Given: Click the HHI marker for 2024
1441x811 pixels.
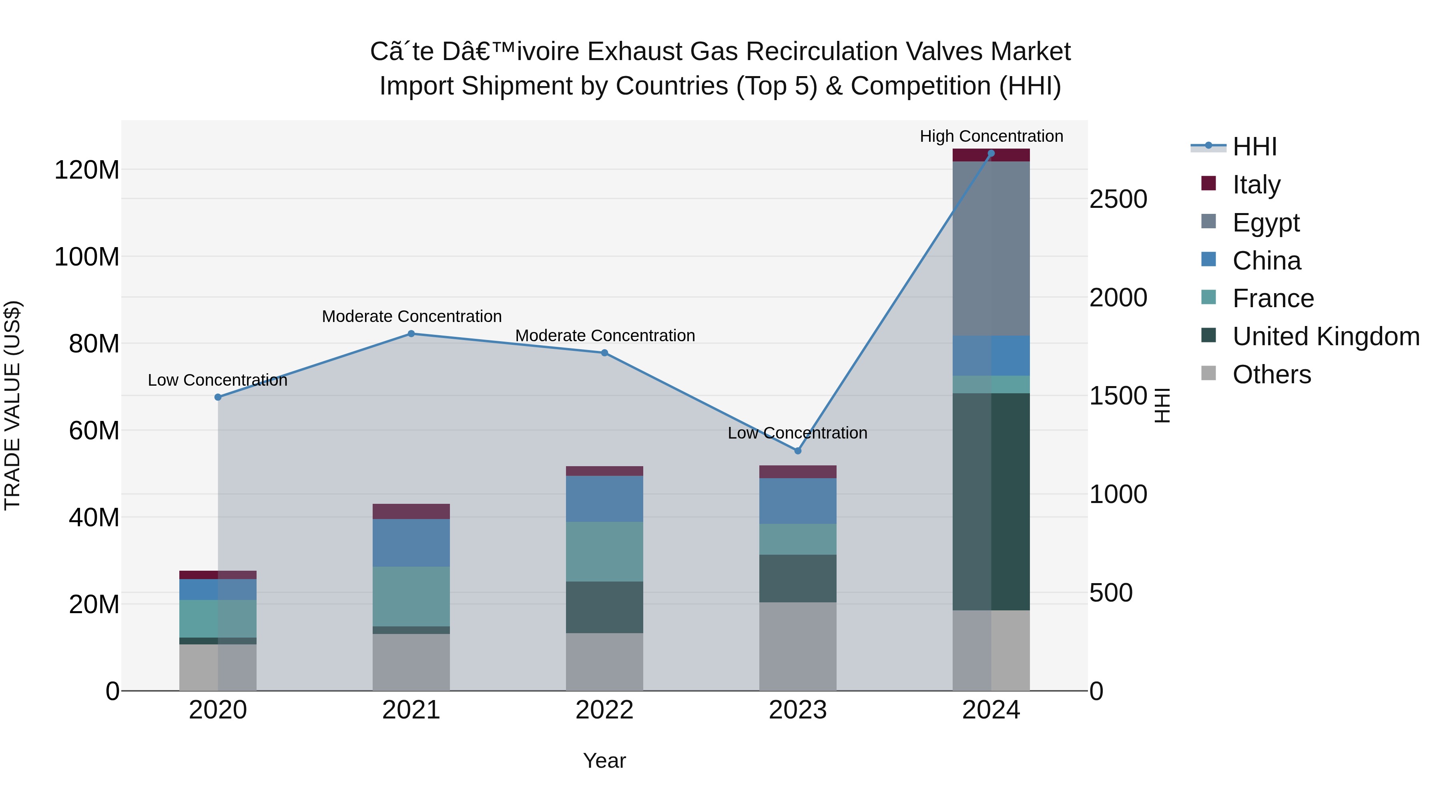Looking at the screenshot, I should point(991,153).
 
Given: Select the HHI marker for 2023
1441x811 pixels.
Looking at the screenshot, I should point(798,451).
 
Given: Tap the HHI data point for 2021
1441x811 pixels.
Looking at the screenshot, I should point(411,334).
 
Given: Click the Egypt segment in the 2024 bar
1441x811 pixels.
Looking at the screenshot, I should point(991,248).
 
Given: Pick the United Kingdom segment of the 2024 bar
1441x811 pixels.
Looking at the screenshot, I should point(991,501).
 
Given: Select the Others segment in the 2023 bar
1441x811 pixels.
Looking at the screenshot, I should point(798,646).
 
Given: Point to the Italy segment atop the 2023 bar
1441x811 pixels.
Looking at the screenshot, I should point(798,471).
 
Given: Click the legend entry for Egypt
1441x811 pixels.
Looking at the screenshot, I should point(1266,223).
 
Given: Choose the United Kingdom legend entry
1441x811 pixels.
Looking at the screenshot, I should point(1326,336).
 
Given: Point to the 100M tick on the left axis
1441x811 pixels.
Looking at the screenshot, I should point(87,257).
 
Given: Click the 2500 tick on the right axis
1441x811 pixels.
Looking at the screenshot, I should point(1118,199).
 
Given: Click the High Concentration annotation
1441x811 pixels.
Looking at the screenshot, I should point(991,136).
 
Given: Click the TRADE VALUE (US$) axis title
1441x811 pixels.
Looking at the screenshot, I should point(12,405).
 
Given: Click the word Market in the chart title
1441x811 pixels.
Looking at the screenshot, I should point(1030,52).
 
